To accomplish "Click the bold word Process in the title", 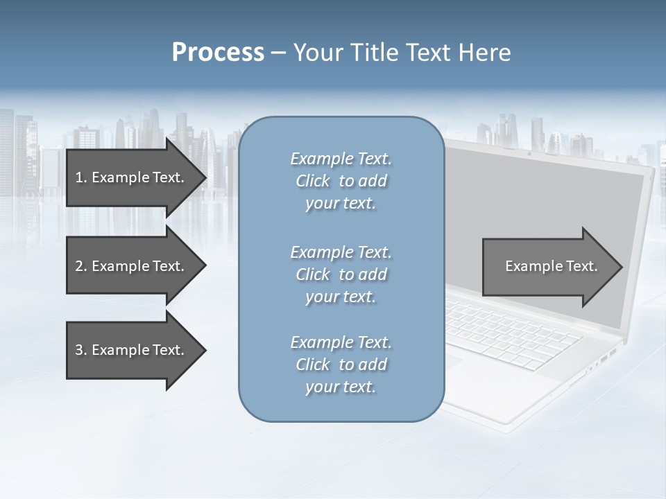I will [218, 53].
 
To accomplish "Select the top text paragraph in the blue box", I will [341, 181].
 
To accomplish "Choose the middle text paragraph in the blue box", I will [341, 274].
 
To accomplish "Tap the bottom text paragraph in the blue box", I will [341, 365].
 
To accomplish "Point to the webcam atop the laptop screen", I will [529, 153].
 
